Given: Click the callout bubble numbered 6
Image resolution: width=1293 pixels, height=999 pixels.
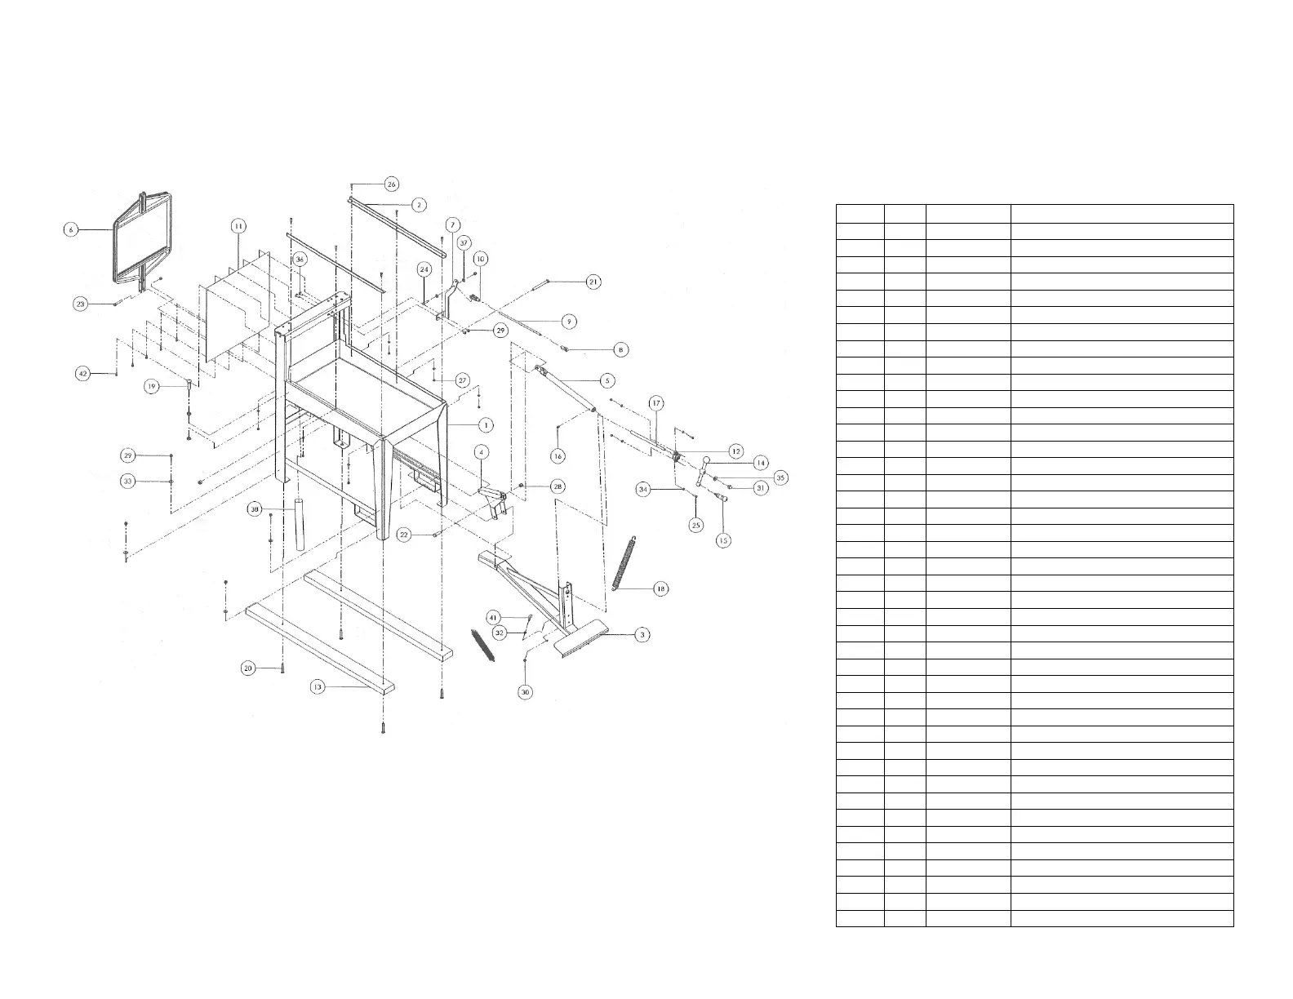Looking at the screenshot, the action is tap(71, 230).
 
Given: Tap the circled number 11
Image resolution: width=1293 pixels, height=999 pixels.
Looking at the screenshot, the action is tap(238, 225).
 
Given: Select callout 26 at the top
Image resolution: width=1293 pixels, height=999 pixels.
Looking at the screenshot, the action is tap(391, 184).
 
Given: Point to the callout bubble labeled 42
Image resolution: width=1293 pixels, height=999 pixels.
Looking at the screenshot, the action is tap(82, 373).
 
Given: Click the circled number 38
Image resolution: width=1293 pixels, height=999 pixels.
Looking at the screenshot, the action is tap(255, 508).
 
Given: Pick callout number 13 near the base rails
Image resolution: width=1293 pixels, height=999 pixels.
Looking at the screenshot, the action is tap(318, 687).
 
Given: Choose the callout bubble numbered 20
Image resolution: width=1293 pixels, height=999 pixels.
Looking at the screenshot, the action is tap(249, 668).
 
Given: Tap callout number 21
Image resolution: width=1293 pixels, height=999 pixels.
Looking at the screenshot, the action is tap(593, 282).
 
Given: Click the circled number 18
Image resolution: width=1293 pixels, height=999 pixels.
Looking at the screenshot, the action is tap(660, 588).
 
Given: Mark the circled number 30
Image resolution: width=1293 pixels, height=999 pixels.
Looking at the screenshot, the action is tap(526, 691).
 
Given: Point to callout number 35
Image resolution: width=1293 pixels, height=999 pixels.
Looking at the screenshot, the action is tap(780, 477).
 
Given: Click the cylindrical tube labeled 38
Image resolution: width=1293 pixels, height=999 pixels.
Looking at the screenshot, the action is tap(299, 522).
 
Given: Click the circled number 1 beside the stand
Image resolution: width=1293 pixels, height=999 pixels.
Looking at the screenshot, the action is tap(486, 424).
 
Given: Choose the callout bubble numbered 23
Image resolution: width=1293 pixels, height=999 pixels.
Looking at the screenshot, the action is tap(80, 304).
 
